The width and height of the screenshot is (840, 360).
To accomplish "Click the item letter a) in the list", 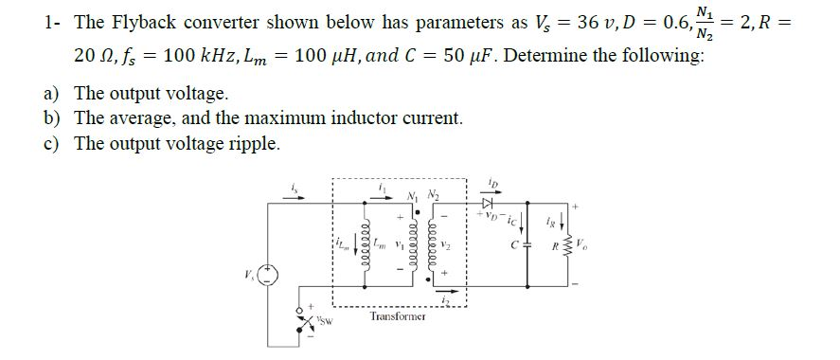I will (x=55, y=94).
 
